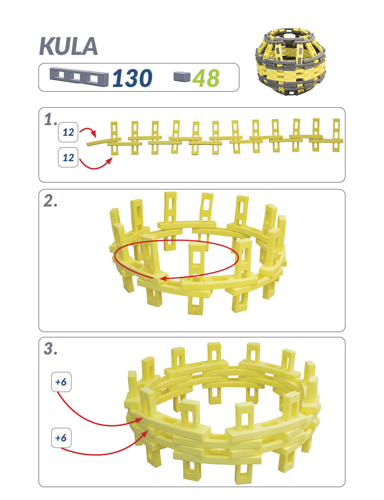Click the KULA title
click(69, 47)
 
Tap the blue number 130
click(133, 78)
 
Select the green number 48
click(206, 78)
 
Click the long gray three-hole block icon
click(79, 76)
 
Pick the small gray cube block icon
click(182, 76)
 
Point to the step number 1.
click(51, 120)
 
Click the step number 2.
click(50, 201)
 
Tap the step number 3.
click(50, 348)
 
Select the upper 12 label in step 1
click(68, 132)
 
